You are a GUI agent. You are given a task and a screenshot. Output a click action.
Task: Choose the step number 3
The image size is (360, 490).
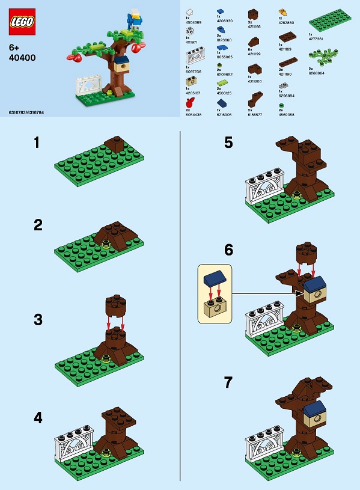[x=38, y=319]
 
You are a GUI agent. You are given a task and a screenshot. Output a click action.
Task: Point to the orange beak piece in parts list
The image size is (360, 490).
[x=282, y=11]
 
